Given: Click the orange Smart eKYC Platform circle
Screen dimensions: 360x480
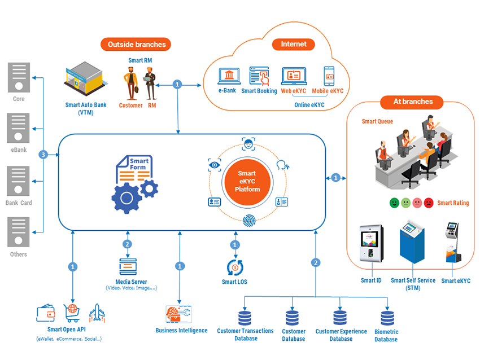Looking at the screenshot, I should coord(247,181).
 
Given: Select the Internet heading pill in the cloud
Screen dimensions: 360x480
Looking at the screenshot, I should coord(294,44).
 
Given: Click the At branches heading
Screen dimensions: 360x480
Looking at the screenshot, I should coord(413,102).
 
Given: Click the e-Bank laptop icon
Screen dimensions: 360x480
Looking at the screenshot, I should coord(230,76).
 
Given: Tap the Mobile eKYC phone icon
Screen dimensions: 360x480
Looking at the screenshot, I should coord(329,76).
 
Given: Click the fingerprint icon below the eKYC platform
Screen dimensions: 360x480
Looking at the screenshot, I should coord(248,221).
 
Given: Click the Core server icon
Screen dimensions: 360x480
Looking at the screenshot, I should coord(19,77).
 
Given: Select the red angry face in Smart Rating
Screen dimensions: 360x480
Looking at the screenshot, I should coord(429,203).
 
